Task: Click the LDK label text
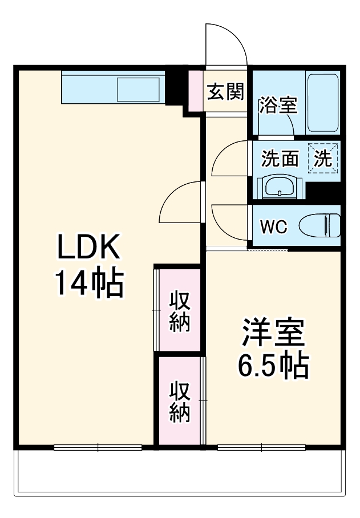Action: coord(88,246)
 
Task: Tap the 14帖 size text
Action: coord(90,284)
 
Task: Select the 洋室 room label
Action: coord(273,332)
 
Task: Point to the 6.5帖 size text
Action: coord(274,366)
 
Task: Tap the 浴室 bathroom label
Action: coord(278,105)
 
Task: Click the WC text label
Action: coord(274,226)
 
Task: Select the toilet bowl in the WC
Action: coord(319,225)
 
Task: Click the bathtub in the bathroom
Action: coord(322,103)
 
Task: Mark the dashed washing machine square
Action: coord(323,158)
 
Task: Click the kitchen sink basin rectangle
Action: coord(139,89)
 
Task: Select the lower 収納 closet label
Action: coord(180,402)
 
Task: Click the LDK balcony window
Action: coord(98,448)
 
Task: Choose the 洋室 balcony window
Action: coord(261,448)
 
